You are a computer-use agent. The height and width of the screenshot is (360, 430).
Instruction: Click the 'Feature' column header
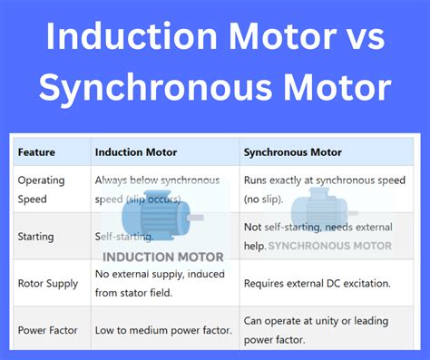click(36, 151)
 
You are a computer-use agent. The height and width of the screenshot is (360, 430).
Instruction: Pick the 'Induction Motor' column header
click(137, 151)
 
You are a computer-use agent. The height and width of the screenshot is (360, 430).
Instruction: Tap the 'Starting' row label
click(35, 237)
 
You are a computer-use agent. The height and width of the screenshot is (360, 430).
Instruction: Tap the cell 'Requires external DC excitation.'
click(322, 283)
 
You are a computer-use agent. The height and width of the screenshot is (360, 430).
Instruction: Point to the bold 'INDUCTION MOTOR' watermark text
click(163, 257)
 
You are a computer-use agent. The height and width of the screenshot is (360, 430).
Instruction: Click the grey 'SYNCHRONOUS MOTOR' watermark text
click(330, 246)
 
